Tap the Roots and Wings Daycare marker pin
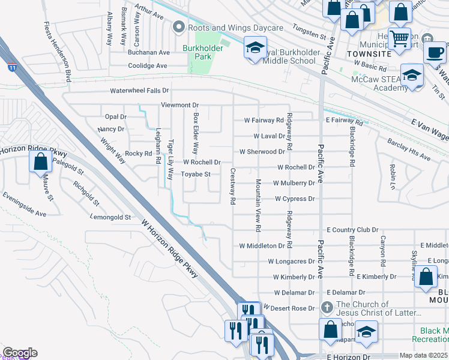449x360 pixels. pyautogui.click(x=178, y=28)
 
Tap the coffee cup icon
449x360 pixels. pyautogui.click(x=435, y=52)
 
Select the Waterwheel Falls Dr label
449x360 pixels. pyautogui.click(x=139, y=91)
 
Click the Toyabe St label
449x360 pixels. pyautogui.click(x=196, y=175)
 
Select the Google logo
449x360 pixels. pyautogui.click(x=19, y=353)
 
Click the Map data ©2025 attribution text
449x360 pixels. pyautogui.click(x=423, y=355)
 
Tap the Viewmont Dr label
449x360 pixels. pyautogui.click(x=179, y=105)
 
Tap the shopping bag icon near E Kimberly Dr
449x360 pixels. pyautogui.click(x=426, y=277)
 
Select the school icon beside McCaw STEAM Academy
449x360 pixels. pyautogui.click(x=412, y=76)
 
